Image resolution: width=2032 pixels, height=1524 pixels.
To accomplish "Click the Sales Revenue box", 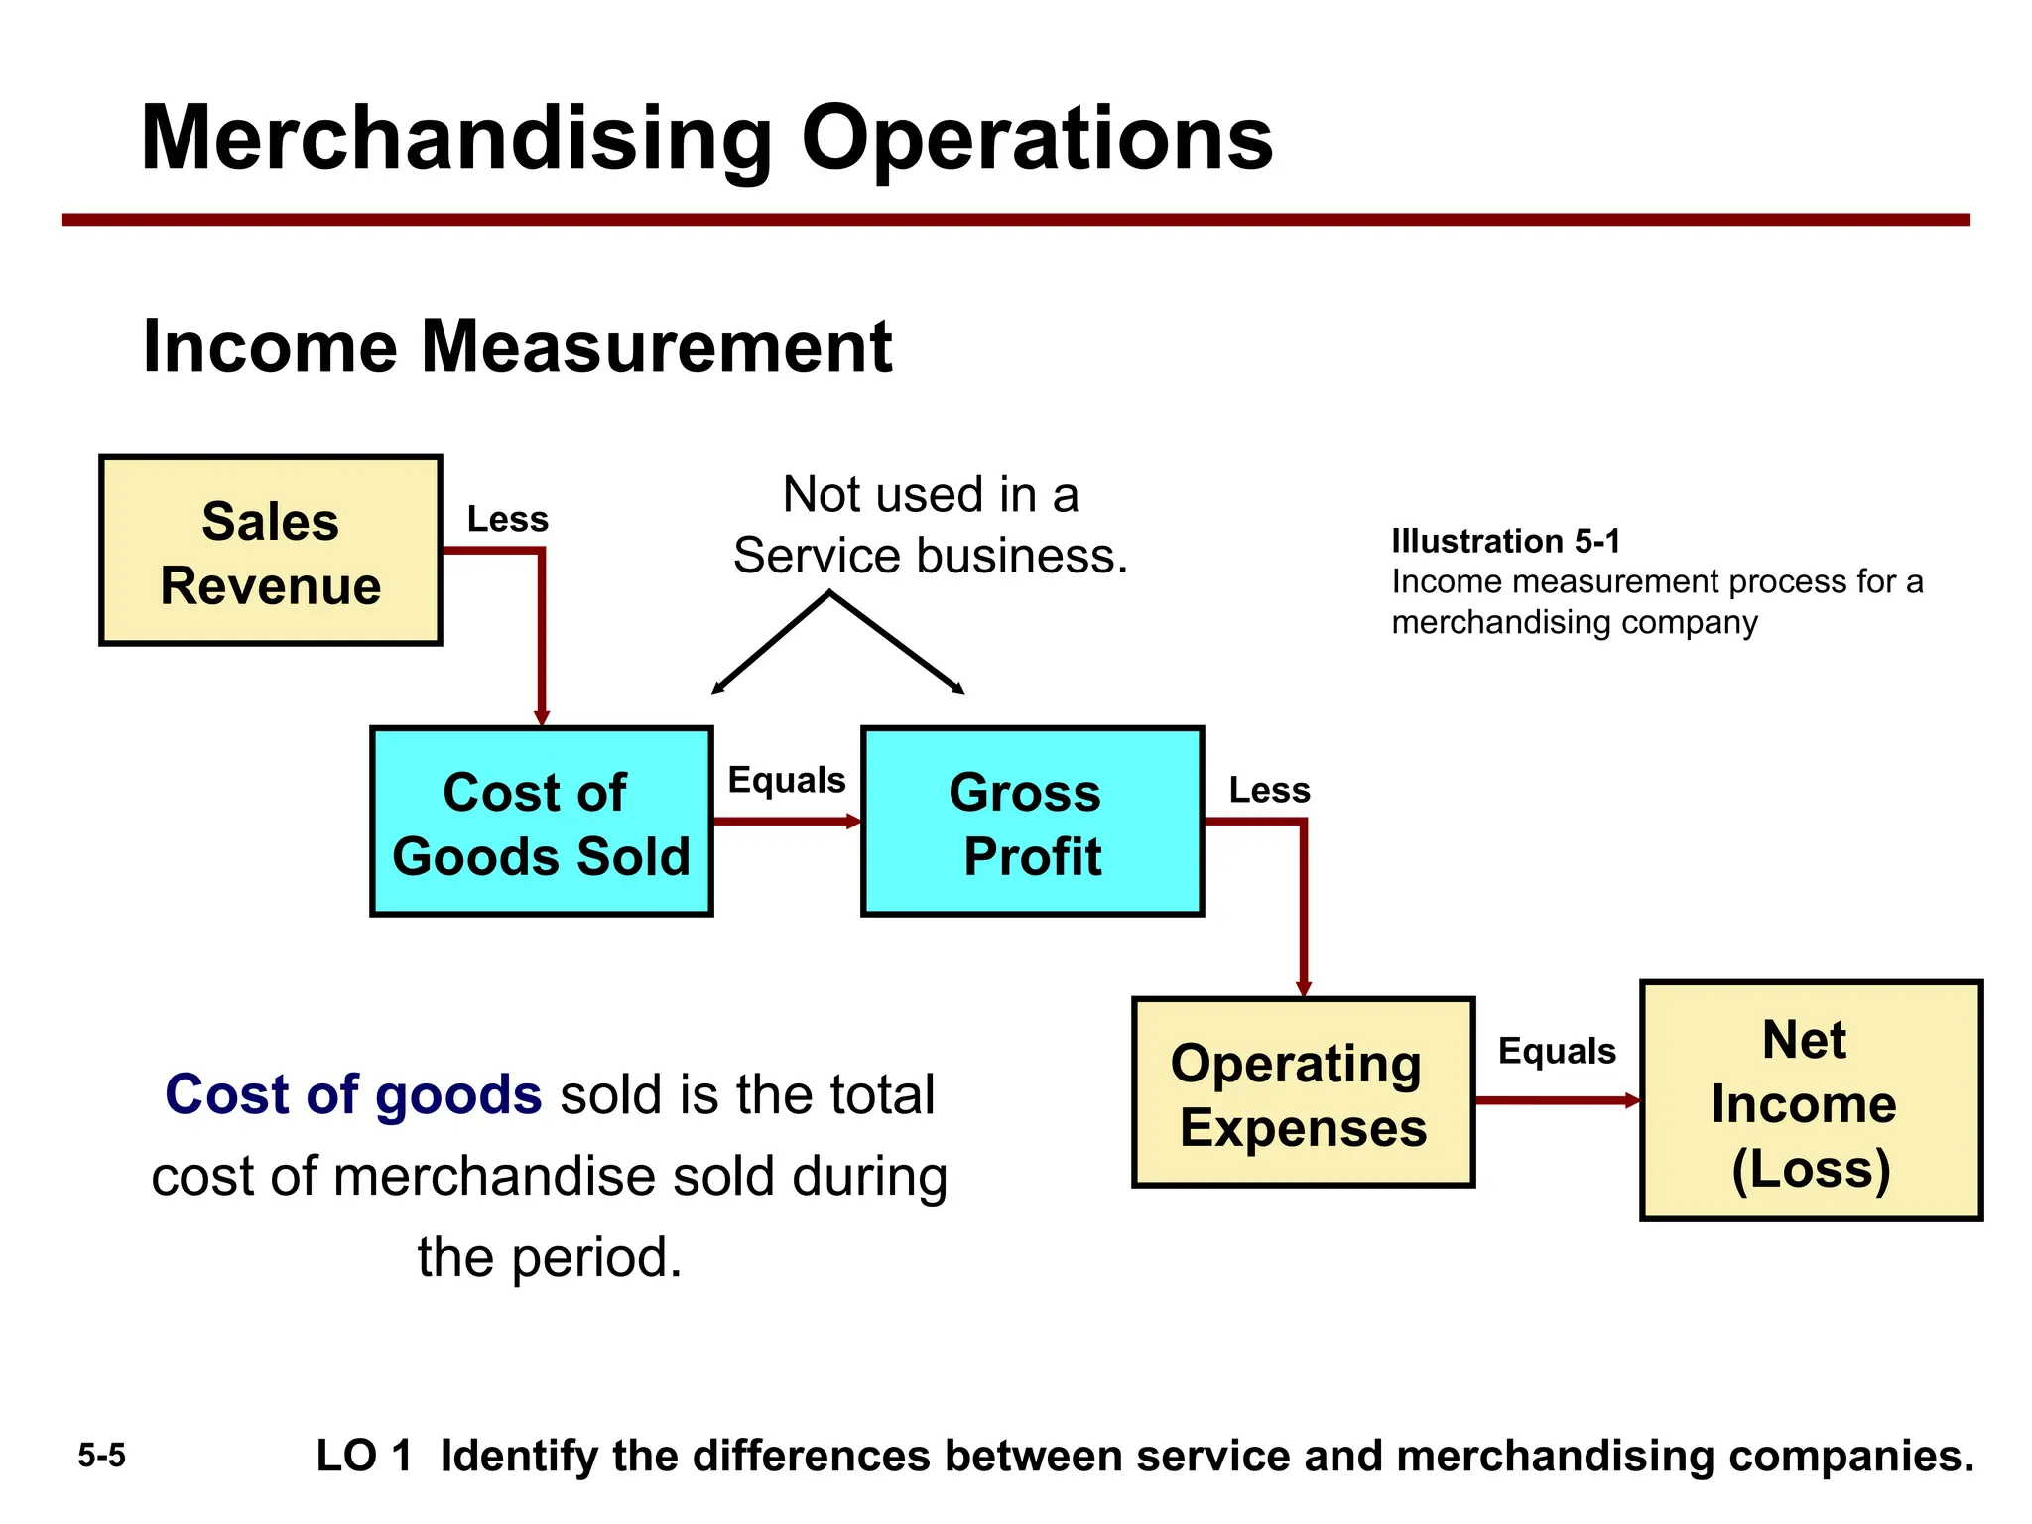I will pos(270,552).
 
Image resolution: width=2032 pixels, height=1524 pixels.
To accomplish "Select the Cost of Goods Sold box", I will pos(541,823).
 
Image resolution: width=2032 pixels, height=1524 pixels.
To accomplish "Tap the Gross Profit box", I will pos(1032,823).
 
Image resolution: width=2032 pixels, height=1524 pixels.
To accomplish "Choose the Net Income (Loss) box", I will pos(1811,1101).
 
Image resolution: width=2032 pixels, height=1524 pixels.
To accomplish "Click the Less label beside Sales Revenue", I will pos(507,520).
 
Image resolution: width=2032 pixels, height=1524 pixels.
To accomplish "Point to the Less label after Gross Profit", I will pos(1269,791).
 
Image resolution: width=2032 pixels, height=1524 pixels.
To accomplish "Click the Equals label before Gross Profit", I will pos(786,780).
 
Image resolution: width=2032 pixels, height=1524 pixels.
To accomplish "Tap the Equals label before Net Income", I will pos(1556,1051).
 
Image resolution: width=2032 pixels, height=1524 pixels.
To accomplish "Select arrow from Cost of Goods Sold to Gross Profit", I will pos(784,822).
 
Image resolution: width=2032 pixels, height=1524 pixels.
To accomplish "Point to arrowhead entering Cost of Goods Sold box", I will pos(542,717).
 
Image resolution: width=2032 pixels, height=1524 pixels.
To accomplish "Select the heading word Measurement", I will pos(656,347).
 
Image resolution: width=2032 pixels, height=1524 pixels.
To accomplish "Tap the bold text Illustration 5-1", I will pos(1505,542).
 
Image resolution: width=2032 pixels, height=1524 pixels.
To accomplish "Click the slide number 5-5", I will pos(101,1456).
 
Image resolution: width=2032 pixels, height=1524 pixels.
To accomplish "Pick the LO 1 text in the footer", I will pos(363,1457).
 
